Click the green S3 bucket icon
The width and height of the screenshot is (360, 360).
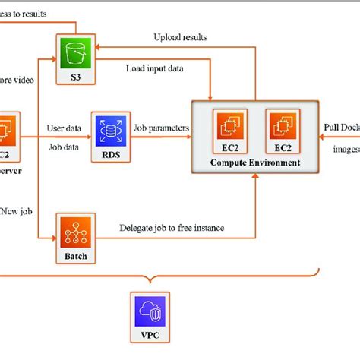pos(74,52)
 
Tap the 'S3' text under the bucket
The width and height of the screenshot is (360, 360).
pos(74,76)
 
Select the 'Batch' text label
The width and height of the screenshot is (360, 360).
pos(74,257)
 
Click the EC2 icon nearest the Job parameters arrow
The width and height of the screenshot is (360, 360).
pos(229,127)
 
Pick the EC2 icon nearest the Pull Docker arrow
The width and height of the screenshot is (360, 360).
pos(281,127)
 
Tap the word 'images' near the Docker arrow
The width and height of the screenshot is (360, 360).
pos(346,149)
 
